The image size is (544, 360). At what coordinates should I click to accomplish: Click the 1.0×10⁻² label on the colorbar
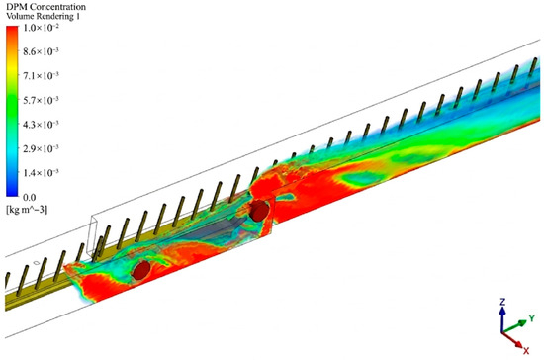click(x=41, y=28)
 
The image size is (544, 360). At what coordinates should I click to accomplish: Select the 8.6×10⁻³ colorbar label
click(x=41, y=51)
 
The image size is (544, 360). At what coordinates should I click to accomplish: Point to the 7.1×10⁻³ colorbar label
click(x=41, y=75)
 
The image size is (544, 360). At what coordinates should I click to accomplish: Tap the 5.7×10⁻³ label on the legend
click(x=41, y=100)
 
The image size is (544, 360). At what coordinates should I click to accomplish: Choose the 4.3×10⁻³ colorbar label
click(x=41, y=125)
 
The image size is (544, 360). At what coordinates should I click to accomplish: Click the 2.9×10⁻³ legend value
click(x=41, y=148)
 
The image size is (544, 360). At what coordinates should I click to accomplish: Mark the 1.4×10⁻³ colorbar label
click(x=41, y=173)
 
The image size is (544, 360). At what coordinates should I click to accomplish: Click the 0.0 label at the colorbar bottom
click(x=30, y=198)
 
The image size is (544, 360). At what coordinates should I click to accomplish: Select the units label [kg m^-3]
click(x=27, y=210)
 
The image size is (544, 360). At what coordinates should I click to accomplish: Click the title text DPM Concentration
click(x=45, y=7)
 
